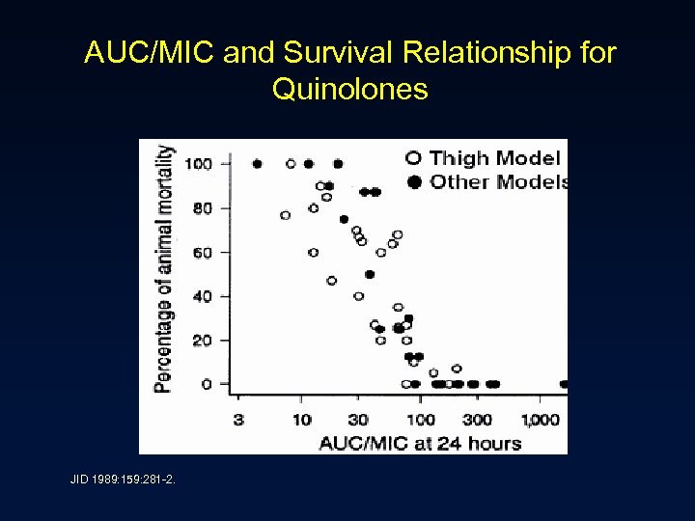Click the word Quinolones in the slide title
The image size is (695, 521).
point(349,90)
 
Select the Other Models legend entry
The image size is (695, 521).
point(488,181)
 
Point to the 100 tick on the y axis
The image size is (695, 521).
point(199,163)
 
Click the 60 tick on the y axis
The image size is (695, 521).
point(203,252)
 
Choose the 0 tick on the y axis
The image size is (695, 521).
point(207,384)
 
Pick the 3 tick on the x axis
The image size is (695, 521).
point(238,419)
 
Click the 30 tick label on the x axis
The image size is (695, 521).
point(358,419)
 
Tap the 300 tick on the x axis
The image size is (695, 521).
point(476,419)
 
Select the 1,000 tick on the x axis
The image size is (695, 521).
point(541,419)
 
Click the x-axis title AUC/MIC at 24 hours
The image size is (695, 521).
point(420,443)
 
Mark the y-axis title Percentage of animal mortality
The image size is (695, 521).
point(165,268)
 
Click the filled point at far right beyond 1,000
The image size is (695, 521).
point(564,384)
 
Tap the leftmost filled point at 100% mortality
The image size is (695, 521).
point(257,164)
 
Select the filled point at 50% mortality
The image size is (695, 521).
point(370,274)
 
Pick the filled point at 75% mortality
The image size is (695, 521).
point(344,219)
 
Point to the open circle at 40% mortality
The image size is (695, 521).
point(359,296)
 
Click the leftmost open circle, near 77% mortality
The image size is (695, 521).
point(285,215)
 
